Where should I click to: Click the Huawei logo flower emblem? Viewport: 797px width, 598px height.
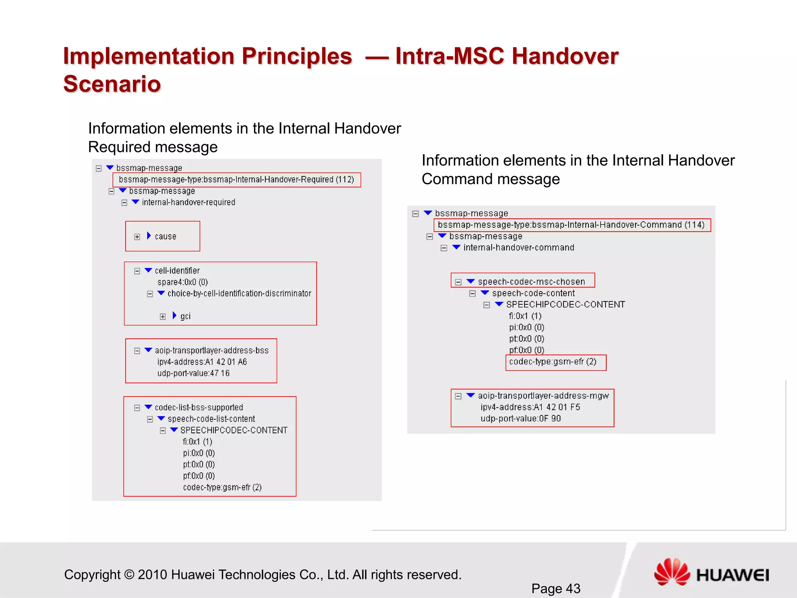click(x=672, y=572)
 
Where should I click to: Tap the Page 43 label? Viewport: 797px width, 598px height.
click(x=556, y=588)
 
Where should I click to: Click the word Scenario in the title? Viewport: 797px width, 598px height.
click(x=112, y=84)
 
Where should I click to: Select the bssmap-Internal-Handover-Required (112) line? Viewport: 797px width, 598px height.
click(x=236, y=179)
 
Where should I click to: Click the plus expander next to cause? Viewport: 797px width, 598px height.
click(x=137, y=237)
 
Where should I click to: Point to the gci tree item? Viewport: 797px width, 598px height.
click(x=185, y=316)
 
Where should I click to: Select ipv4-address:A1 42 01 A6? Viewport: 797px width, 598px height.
click(x=202, y=362)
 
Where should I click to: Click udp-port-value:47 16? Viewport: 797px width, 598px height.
click(x=193, y=373)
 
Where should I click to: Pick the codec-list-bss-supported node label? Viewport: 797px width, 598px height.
click(x=199, y=407)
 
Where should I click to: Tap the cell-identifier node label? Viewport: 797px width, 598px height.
click(x=177, y=271)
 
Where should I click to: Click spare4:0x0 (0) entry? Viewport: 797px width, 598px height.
click(x=183, y=282)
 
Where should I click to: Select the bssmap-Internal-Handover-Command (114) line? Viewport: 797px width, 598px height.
click(x=571, y=225)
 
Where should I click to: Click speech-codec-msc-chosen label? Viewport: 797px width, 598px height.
click(x=531, y=281)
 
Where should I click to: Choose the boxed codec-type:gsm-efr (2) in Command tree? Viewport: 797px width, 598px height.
click(x=553, y=362)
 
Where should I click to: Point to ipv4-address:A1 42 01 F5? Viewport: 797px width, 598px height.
click(x=530, y=407)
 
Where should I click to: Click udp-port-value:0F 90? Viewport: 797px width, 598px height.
click(x=520, y=419)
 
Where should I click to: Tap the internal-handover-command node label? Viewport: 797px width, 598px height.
click(x=518, y=248)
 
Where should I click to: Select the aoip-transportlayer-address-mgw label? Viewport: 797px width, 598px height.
click(x=543, y=396)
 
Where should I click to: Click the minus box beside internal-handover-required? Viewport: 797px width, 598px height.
click(x=124, y=203)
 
